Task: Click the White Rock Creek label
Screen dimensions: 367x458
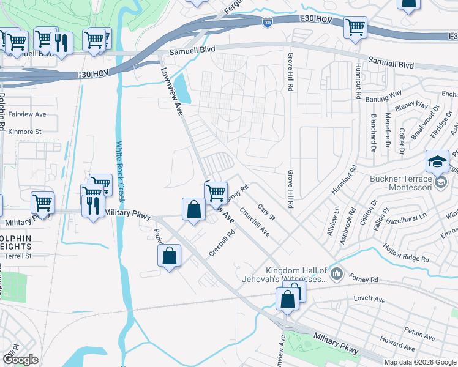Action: [x=120, y=172]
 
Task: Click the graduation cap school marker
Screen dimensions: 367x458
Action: [x=437, y=162]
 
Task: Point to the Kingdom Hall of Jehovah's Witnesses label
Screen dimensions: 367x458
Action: [x=298, y=275]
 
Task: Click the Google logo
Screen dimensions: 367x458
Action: [x=20, y=360]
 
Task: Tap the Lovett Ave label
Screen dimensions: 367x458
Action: [x=369, y=300]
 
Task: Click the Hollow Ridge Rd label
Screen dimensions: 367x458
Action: [x=406, y=254]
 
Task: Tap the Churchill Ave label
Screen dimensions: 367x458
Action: [x=255, y=223]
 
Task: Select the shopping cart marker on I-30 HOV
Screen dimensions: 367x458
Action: [x=355, y=28]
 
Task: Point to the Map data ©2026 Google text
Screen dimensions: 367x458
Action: [x=421, y=362]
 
